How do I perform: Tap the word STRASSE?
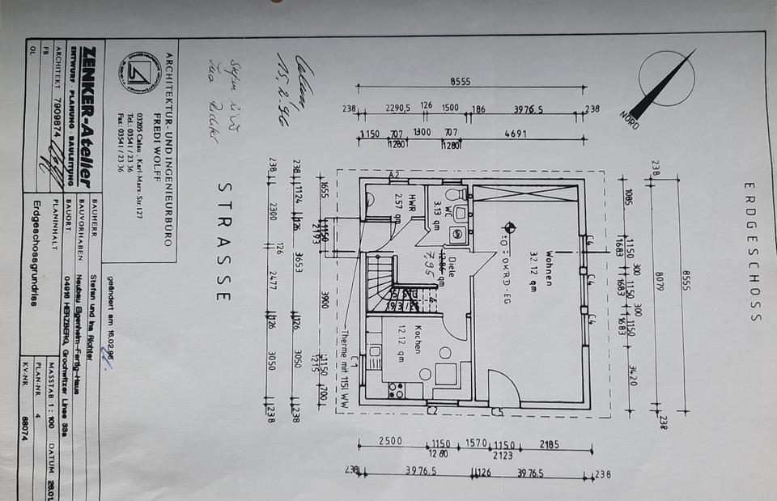[223, 240]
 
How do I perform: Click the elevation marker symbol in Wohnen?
[508, 227]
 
